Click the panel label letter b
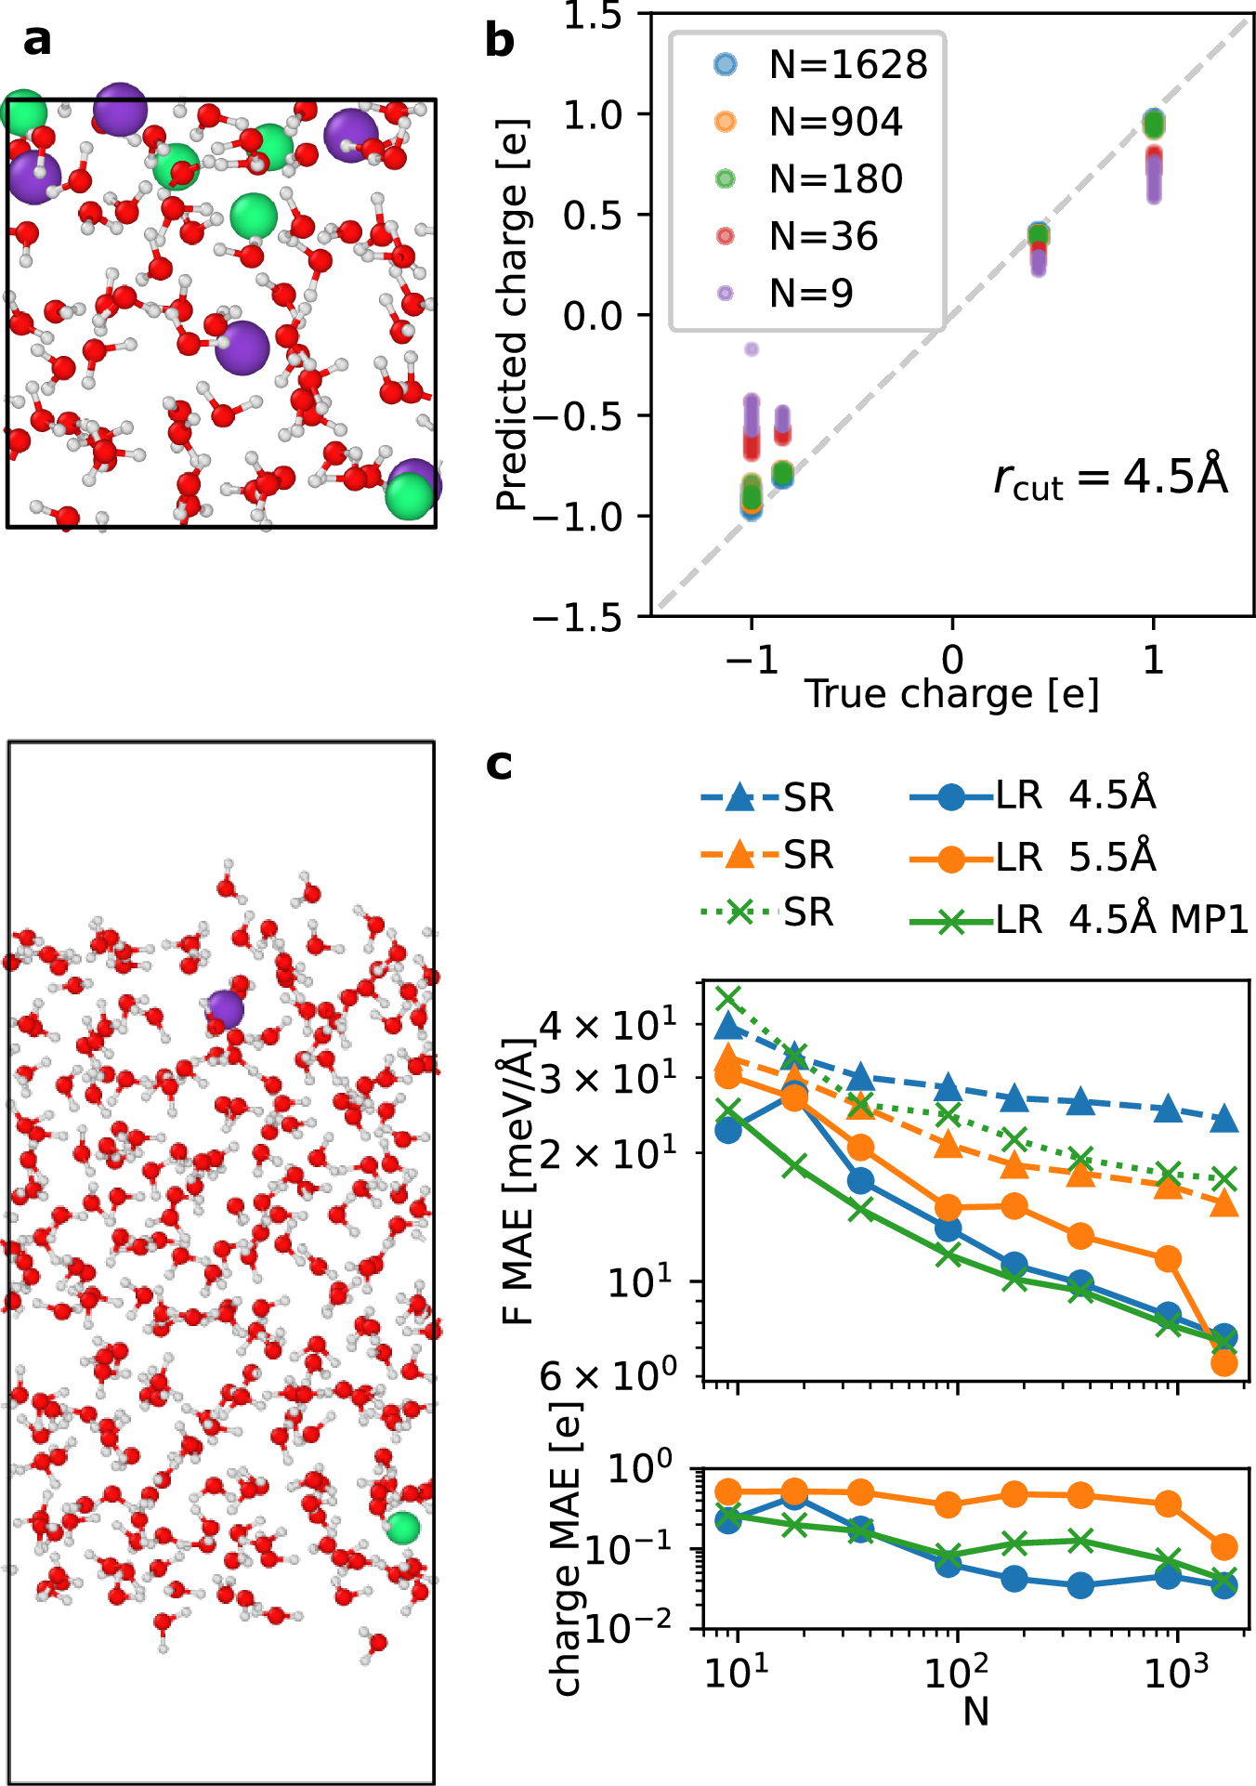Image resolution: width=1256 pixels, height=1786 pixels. click(500, 42)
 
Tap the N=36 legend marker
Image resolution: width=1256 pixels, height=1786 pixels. click(726, 237)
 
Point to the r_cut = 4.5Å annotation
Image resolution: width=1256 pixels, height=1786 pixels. click(1110, 478)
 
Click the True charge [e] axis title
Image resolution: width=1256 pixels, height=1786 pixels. click(951, 694)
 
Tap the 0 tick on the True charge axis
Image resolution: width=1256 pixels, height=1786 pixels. click(952, 659)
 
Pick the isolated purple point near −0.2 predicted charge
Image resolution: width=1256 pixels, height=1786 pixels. click(752, 349)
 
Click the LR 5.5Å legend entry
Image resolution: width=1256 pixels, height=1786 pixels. click(1031, 857)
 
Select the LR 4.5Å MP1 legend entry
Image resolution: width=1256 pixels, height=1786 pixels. click(1078, 920)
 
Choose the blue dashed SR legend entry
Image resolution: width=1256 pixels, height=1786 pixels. click(767, 797)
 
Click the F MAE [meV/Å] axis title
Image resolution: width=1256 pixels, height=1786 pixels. click(518, 1180)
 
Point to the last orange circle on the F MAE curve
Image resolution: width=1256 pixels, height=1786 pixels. click(1224, 1363)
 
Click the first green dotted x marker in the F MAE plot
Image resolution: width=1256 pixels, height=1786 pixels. click(729, 998)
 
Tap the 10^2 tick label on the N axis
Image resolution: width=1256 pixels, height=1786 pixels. click(956, 1673)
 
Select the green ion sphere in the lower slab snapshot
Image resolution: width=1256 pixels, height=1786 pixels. click(403, 1527)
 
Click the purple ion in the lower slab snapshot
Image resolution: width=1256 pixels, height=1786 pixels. click(225, 1008)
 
